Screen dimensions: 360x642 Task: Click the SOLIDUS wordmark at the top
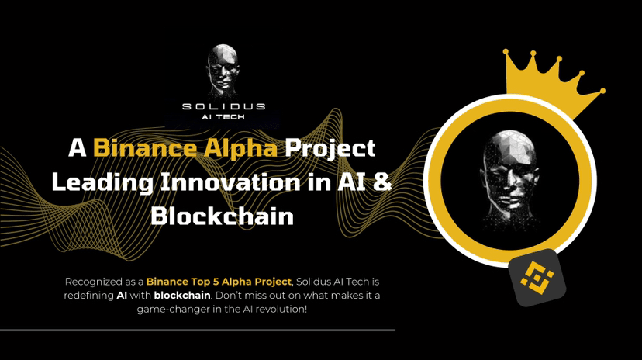click(223, 106)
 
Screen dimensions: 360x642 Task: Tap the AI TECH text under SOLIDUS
click(223, 119)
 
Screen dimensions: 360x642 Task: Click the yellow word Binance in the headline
click(135, 148)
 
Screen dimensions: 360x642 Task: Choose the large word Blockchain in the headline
click(223, 215)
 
